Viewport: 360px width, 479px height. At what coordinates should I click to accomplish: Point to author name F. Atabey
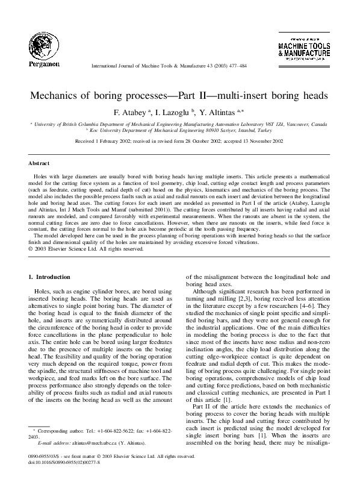(x=130, y=112)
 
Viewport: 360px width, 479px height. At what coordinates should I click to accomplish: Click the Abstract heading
(x=38, y=163)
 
